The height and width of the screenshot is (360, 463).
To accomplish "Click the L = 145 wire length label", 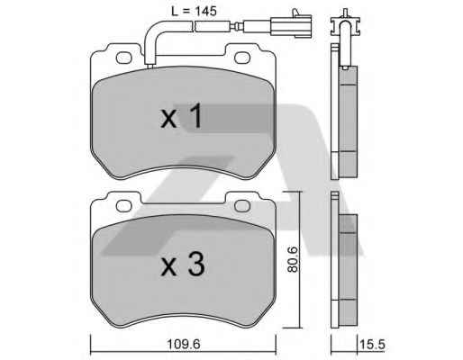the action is click(x=194, y=12).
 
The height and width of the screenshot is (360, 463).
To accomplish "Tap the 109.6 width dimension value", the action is click(x=184, y=344).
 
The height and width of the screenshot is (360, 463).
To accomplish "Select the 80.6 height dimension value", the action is click(x=292, y=259).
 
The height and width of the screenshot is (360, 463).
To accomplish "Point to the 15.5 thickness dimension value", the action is click(x=372, y=344).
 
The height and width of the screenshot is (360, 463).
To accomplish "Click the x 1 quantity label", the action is click(x=182, y=116).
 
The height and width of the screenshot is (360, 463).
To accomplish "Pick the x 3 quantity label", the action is click(x=183, y=264).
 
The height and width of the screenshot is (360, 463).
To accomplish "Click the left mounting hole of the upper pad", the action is click(x=123, y=58).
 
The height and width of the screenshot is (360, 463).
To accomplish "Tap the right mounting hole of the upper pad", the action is click(x=242, y=58).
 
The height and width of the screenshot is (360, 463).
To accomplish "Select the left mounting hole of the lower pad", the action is click(x=123, y=206).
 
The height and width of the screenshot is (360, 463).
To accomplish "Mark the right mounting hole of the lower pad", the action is click(x=242, y=206).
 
